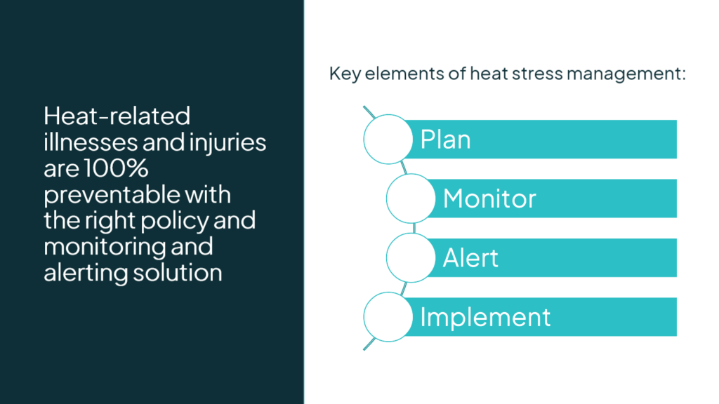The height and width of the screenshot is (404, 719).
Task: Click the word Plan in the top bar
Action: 445,140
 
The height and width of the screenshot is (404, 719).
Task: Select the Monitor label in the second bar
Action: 489,198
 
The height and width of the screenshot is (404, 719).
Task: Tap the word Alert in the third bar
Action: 470,258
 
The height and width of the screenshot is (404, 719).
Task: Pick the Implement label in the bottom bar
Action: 485,318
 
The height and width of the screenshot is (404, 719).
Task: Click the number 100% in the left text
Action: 116,168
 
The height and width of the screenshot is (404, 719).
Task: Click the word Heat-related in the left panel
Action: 117,116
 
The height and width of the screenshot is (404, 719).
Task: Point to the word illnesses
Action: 91,142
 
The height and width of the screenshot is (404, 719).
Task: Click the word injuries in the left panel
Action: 227,142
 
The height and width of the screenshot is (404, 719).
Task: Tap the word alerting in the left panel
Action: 86,274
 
